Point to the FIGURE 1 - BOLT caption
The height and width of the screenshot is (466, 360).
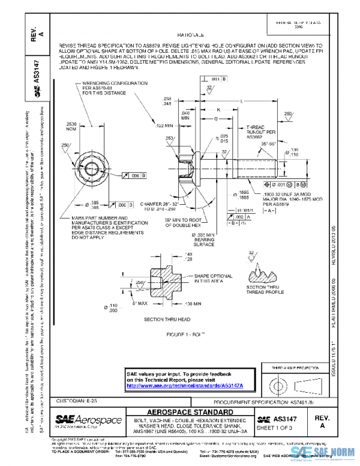tap(187, 332)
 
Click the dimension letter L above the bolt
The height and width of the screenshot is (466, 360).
tap(241, 102)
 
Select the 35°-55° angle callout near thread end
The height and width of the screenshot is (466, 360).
tap(268, 145)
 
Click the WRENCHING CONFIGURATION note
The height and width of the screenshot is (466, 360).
tap(104, 88)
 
